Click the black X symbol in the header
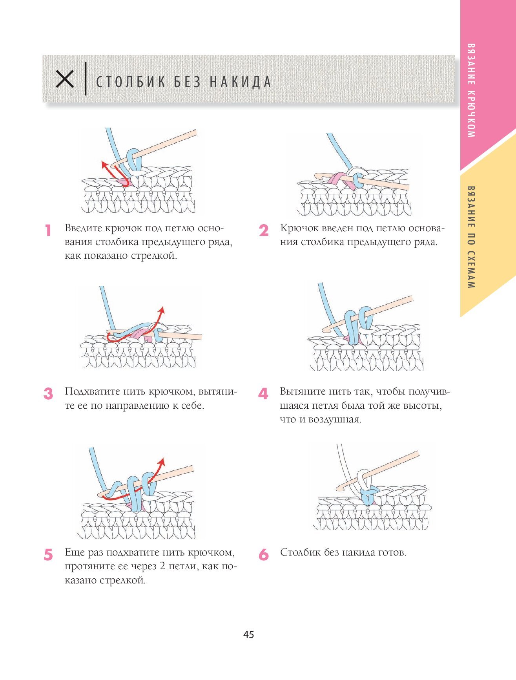coord(65,79)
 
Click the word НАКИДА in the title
coord(240,82)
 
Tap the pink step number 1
coord(48,230)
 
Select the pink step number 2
coord(264,230)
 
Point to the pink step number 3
coord(48,393)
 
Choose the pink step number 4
coord(263,393)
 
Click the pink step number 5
coord(48,555)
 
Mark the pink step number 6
coord(264,555)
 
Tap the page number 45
coord(249,634)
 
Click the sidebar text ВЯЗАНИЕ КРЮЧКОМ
coord(471,90)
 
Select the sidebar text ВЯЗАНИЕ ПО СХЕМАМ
coord(471,237)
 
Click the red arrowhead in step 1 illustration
coord(104,164)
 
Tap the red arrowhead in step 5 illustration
coord(161,461)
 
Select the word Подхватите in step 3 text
coord(93,392)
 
